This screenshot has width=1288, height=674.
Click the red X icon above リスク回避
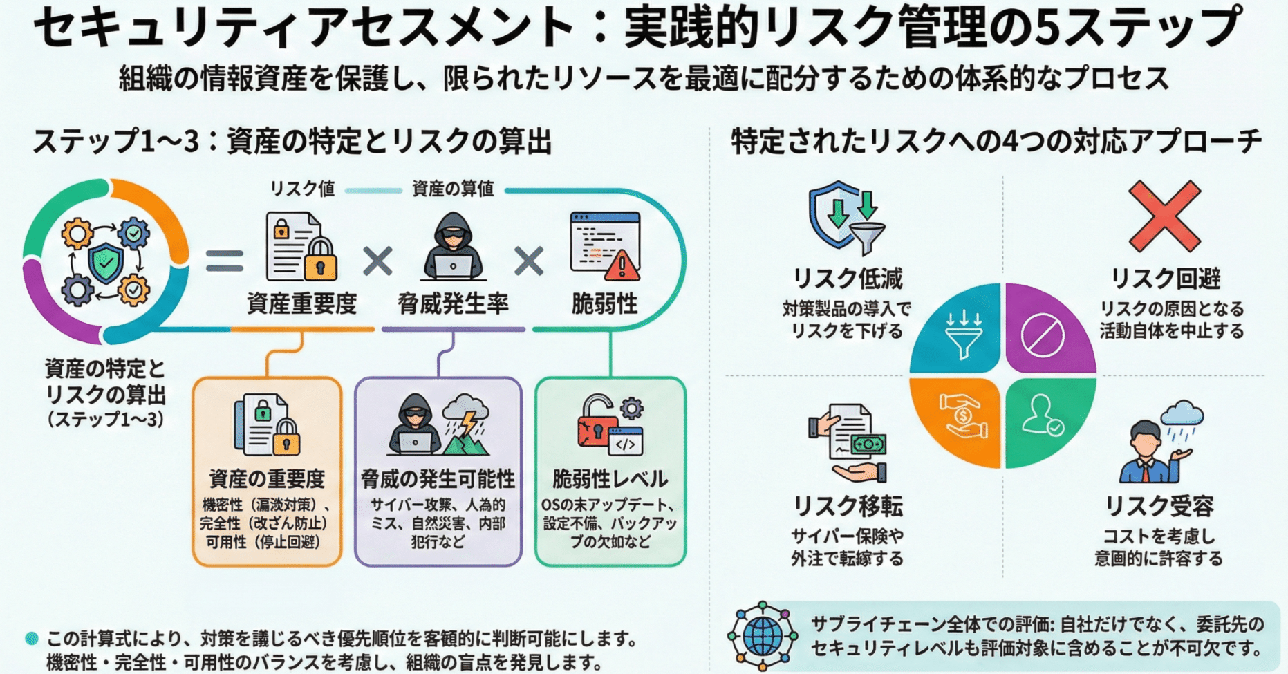(1164, 216)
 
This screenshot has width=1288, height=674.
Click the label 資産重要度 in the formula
(301, 303)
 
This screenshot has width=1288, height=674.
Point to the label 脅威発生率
(453, 303)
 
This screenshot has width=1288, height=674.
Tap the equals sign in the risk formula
(225, 261)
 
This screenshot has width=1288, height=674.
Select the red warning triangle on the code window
(621, 265)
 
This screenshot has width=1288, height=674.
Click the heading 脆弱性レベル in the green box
(610, 478)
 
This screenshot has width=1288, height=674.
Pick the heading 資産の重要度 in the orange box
(267, 478)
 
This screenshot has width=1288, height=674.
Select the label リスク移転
(847, 506)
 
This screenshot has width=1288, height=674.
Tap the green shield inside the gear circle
(105, 263)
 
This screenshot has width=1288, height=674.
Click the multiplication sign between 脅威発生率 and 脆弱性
(529, 261)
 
